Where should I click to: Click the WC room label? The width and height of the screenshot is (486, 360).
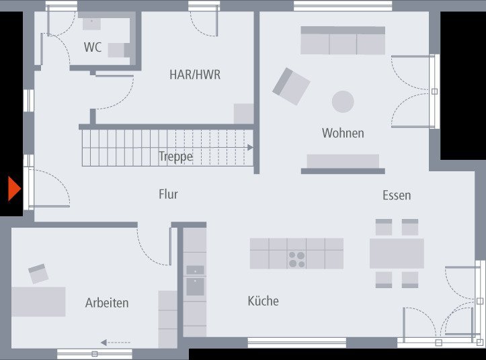point(93,47)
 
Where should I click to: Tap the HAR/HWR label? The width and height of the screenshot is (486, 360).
point(194,75)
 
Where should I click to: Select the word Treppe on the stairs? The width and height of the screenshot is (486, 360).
point(175,156)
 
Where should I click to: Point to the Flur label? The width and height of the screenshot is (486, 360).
point(168,194)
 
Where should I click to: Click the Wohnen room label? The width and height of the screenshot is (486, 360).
point(343,133)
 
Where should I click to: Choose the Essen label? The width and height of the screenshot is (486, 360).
point(397,195)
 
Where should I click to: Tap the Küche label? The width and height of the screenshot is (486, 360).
point(263,301)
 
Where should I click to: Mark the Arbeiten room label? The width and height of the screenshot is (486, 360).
point(107,303)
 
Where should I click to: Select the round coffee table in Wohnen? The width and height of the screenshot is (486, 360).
point(343,101)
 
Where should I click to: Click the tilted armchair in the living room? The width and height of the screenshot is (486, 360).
point(291,86)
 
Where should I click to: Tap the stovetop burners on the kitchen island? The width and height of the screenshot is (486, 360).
point(297,259)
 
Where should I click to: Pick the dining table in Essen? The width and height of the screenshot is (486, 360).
point(397,253)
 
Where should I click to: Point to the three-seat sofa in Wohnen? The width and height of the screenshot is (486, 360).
point(343,41)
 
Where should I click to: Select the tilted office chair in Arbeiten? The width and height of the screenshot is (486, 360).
point(38,273)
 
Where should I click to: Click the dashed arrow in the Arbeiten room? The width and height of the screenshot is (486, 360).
point(115,343)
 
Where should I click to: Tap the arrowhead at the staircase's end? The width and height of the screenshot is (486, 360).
point(250,147)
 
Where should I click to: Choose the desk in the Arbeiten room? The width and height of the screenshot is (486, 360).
point(38,302)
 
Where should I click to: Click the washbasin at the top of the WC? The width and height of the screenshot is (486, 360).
point(91,23)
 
